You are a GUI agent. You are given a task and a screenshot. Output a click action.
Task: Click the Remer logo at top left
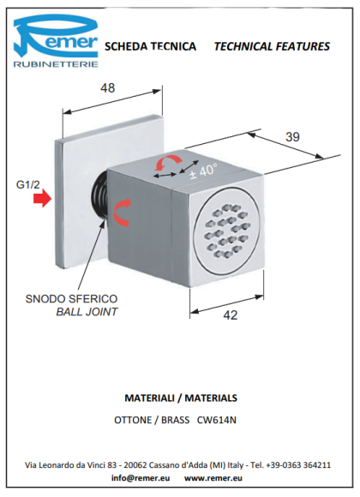[x=56, y=40]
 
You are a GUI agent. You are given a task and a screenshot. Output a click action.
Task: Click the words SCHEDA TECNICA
[x=150, y=46]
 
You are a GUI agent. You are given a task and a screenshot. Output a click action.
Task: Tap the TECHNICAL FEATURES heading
[x=272, y=46]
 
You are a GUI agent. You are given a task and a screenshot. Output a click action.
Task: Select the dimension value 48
[x=107, y=88]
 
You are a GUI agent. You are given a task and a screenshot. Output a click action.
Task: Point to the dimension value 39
[x=292, y=137]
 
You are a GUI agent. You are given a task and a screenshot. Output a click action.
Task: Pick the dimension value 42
[x=231, y=315]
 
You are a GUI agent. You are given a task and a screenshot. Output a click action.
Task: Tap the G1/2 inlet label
[x=28, y=184]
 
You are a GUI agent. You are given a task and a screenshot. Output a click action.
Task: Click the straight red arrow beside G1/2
[x=43, y=199]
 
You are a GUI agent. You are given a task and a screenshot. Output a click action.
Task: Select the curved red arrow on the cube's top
[x=167, y=160]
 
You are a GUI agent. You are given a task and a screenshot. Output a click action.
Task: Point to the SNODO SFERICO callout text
[x=71, y=299]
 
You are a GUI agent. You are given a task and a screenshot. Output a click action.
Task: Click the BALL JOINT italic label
[x=87, y=312]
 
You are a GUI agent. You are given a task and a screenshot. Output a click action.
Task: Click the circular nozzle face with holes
[x=226, y=231]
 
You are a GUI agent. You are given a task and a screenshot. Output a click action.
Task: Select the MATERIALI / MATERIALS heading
[x=181, y=398]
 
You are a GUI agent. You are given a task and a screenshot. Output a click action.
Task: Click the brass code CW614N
[x=217, y=420]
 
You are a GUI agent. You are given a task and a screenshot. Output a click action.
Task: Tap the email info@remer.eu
[x=141, y=478]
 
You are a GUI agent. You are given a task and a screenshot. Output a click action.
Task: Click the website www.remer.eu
[x=213, y=478]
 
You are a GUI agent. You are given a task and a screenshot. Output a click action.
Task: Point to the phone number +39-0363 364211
[x=298, y=465]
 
